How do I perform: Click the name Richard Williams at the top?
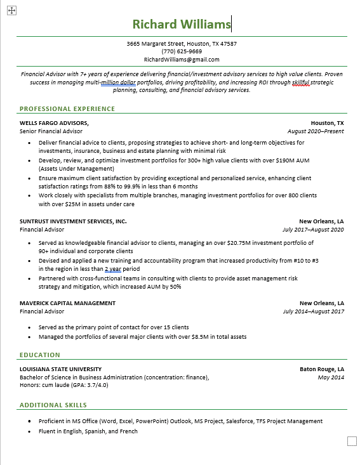tap(181, 24)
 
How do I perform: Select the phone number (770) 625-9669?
tap(182, 51)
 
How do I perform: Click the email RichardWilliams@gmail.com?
tap(182, 60)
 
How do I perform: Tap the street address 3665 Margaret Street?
tap(156, 44)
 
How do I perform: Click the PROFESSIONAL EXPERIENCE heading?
tap(67, 108)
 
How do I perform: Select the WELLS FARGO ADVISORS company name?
tap(54, 123)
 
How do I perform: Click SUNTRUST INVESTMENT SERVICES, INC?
tap(73, 221)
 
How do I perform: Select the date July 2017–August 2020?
tap(313, 230)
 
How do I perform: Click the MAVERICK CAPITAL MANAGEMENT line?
tap(67, 303)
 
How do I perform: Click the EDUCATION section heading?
tap(40, 355)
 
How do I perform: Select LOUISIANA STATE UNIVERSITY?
tap(60, 369)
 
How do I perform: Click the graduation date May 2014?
tap(331, 377)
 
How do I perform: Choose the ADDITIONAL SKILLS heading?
tap(53, 405)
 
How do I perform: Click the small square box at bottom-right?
tap(352, 441)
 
